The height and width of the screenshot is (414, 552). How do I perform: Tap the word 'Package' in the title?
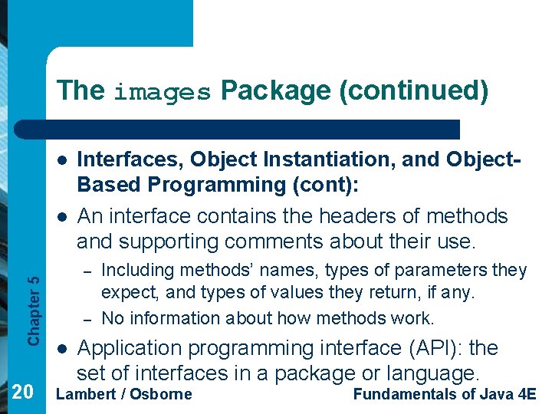[274, 90]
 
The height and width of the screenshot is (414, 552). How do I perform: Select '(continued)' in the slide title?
[413, 90]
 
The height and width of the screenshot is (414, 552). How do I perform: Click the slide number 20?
[23, 393]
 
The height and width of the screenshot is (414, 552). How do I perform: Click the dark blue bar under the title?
[253, 129]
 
